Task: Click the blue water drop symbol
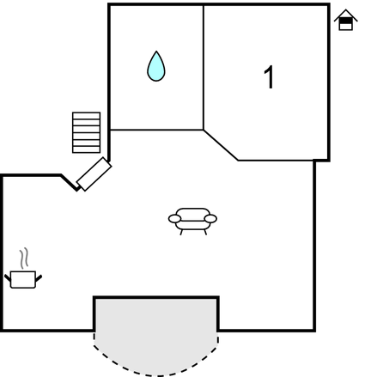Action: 156,66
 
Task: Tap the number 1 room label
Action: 270,77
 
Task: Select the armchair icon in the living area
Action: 192,222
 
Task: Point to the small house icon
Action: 346,20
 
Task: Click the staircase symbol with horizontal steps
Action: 86,132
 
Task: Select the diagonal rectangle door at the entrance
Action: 94,174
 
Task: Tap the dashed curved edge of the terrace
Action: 156,374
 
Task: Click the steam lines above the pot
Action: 25,258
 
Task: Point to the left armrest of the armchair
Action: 174,219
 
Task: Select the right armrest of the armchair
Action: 210,219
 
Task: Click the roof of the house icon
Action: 346,15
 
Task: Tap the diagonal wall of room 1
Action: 221,145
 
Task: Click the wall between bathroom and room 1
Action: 204,67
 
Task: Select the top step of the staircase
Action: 86,115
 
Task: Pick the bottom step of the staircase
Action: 86,149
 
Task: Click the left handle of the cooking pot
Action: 8,277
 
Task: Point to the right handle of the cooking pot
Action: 39,277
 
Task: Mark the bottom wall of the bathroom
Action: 156,130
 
